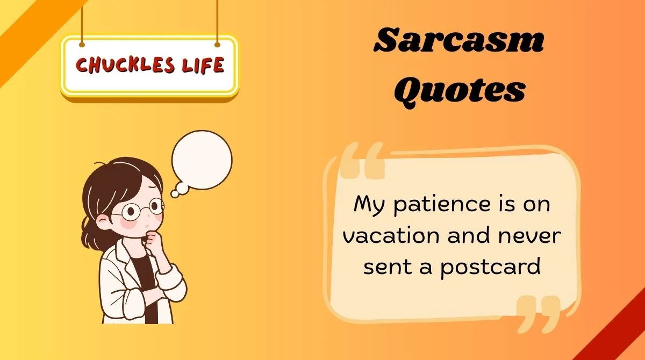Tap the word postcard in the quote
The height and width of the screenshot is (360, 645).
point(490,266)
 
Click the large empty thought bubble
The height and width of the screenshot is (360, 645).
point(202,160)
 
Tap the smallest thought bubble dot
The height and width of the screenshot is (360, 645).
point(174,193)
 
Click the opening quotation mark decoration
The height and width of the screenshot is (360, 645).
point(363,161)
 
